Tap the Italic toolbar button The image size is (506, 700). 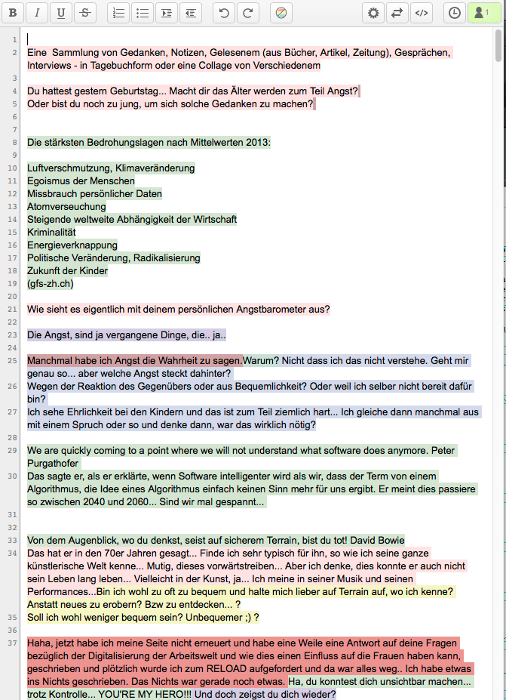tap(38, 13)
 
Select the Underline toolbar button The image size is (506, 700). tap(61, 13)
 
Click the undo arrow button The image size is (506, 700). tap(223, 13)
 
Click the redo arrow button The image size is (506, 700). tap(247, 13)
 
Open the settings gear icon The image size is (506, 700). tap(373, 13)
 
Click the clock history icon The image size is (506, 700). tap(455, 13)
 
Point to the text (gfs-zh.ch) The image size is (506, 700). tap(51, 283)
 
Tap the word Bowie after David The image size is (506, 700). tap(389, 540)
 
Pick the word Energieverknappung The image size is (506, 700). tap(72, 245)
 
